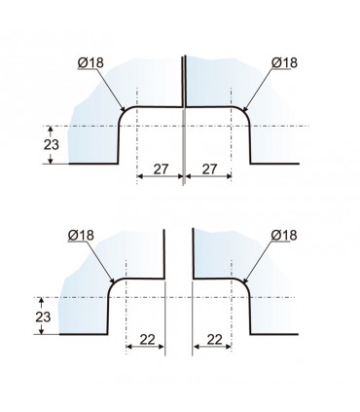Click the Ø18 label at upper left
coord(90,62)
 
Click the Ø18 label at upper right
coord(284,62)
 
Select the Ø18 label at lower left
coord(81,235)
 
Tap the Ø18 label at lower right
coord(284,235)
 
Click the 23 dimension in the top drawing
coord(52,144)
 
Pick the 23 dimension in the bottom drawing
coord(43,317)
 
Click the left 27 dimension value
coord(161,169)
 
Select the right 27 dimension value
coord(209,169)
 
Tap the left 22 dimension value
coord(148,340)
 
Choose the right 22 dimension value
coord(214,340)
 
